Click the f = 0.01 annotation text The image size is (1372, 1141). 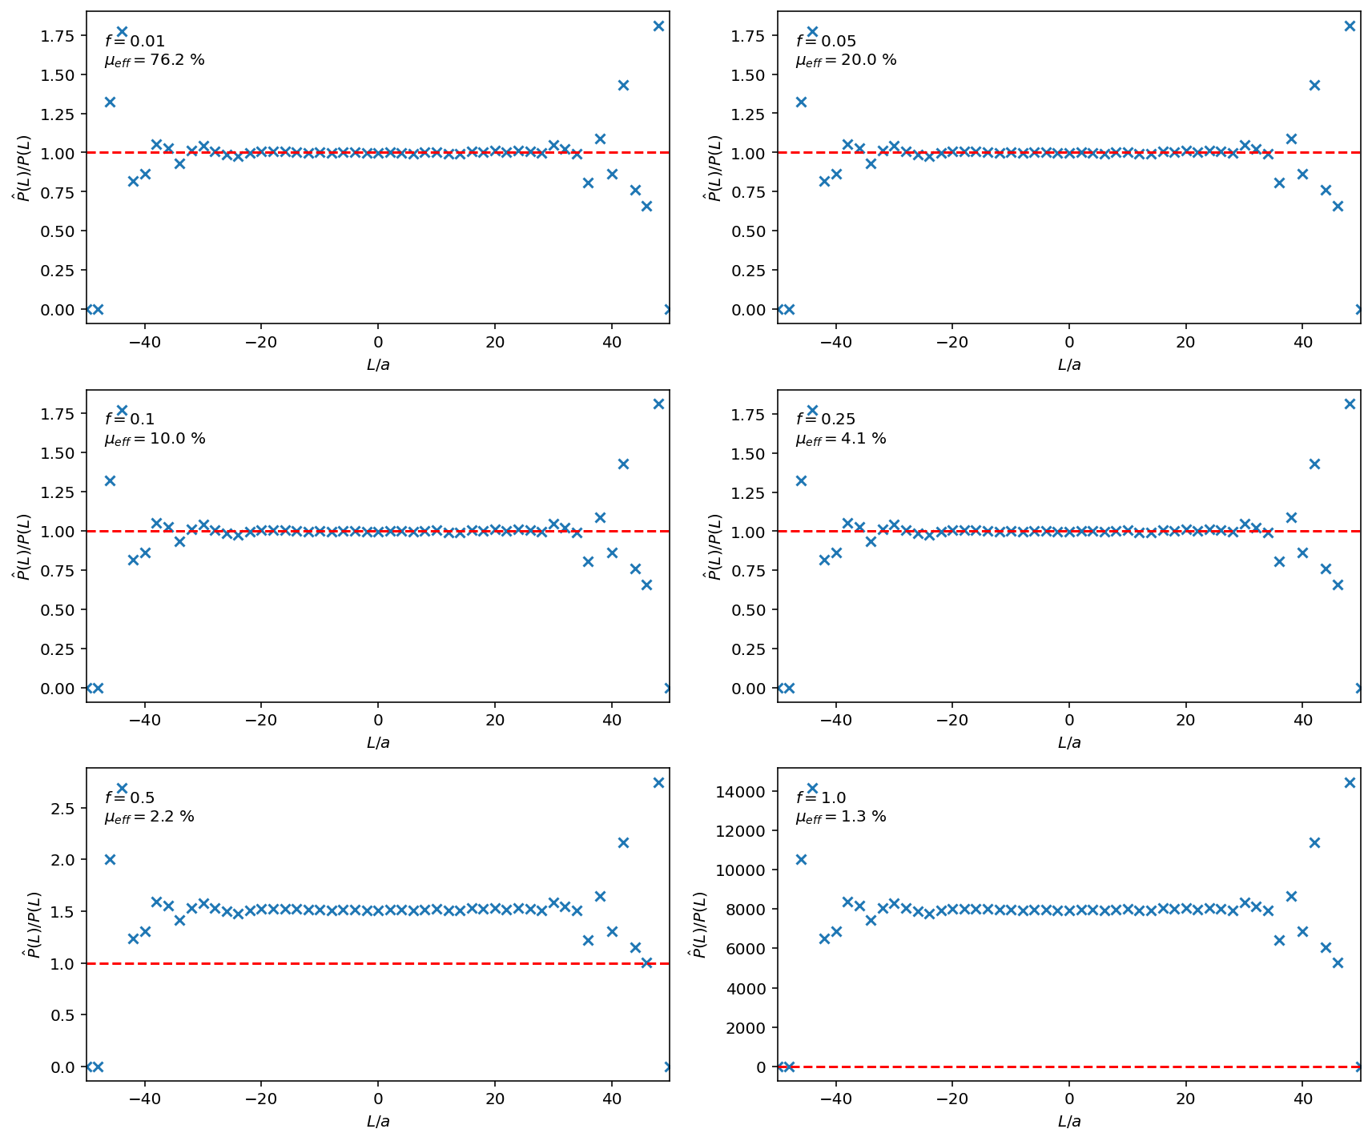click(135, 42)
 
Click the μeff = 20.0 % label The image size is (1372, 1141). click(846, 61)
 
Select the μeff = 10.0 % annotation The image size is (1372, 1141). click(155, 440)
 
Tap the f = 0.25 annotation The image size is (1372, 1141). click(826, 420)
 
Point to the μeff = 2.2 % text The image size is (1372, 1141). click(149, 818)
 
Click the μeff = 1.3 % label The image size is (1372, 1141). click(840, 818)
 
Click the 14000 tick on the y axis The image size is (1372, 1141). click(746, 792)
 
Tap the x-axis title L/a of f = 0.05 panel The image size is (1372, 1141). click(1069, 365)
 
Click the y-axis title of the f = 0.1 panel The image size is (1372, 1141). click(25, 547)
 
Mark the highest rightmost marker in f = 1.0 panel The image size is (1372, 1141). click(1350, 782)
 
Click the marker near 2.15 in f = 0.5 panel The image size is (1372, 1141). click(623, 842)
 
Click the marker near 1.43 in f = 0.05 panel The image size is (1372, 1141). click(1314, 85)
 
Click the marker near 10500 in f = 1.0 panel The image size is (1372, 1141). click(801, 859)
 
